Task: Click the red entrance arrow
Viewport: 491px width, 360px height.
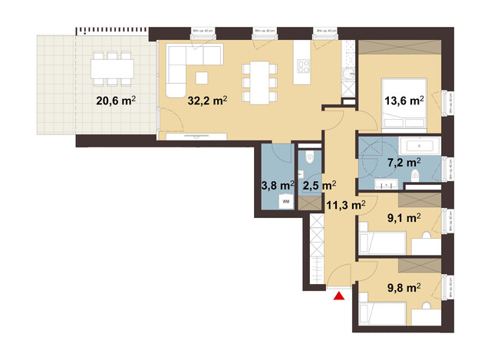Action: (338, 296)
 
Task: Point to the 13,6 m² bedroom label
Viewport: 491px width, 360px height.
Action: (404, 101)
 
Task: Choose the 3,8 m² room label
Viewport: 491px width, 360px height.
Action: (277, 185)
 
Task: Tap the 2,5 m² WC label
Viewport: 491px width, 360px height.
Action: (317, 185)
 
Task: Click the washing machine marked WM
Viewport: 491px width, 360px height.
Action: (285, 200)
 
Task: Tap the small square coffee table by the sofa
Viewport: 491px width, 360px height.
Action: (202, 77)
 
